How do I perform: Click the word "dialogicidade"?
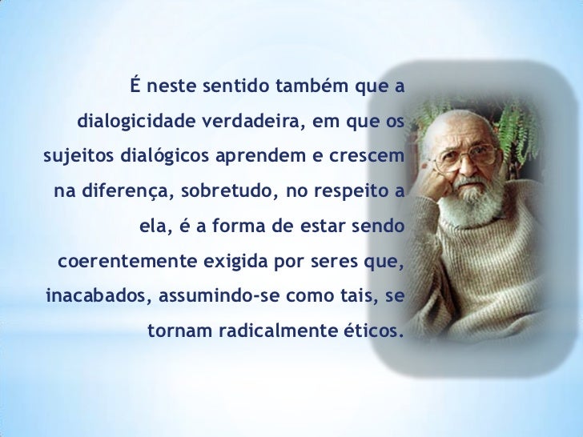coord(133,122)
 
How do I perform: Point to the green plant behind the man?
coord(521,120)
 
